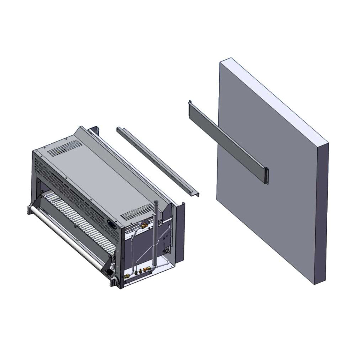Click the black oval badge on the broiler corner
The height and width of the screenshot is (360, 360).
pyautogui.click(x=112, y=223)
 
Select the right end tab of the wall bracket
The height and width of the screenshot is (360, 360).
pyautogui.click(x=266, y=175)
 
